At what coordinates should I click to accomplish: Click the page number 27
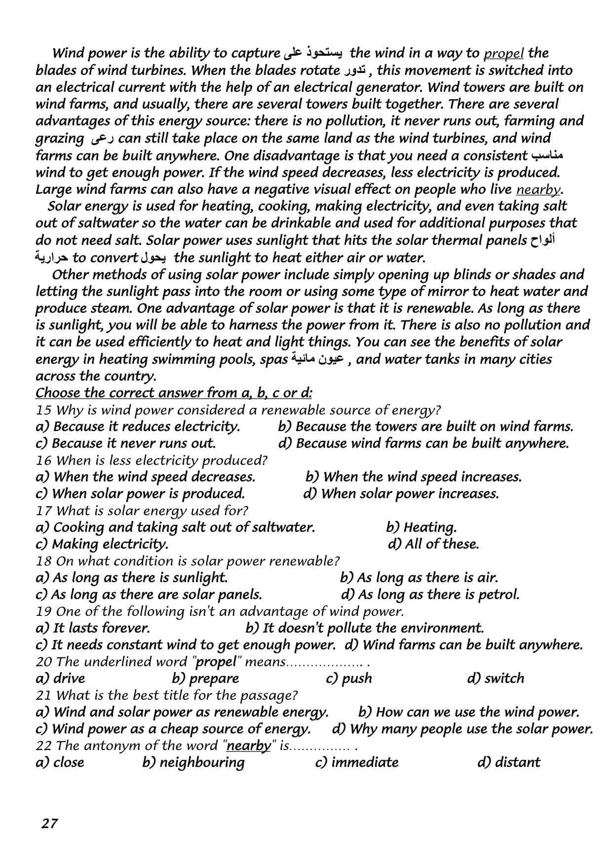click(x=50, y=824)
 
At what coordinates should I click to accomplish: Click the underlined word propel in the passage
click(x=504, y=53)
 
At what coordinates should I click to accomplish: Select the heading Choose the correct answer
click(x=174, y=393)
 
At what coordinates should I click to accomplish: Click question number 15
click(x=43, y=410)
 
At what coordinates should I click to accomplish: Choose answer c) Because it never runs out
click(x=126, y=443)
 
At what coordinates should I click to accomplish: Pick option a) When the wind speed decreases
click(x=146, y=477)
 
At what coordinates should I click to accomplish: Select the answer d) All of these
click(x=433, y=544)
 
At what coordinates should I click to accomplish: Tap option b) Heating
click(x=421, y=527)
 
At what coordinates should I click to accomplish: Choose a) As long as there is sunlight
click(x=132, y=577)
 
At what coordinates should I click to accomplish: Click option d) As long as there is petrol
click(x=430, y=594)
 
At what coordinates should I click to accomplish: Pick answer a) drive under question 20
click(x=61, y=678)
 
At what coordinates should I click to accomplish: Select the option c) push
click(x=349, y=678)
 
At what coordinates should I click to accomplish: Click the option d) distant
click(x=509, y=762)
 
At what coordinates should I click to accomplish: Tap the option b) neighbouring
click(x=193, y=762)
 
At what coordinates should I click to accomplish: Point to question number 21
click(x=43, y=695)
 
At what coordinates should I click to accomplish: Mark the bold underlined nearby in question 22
click(x=249, y=746)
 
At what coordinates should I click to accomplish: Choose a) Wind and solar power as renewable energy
click(x=182, y=712)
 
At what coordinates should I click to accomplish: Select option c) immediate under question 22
click(x=356, y=762)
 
